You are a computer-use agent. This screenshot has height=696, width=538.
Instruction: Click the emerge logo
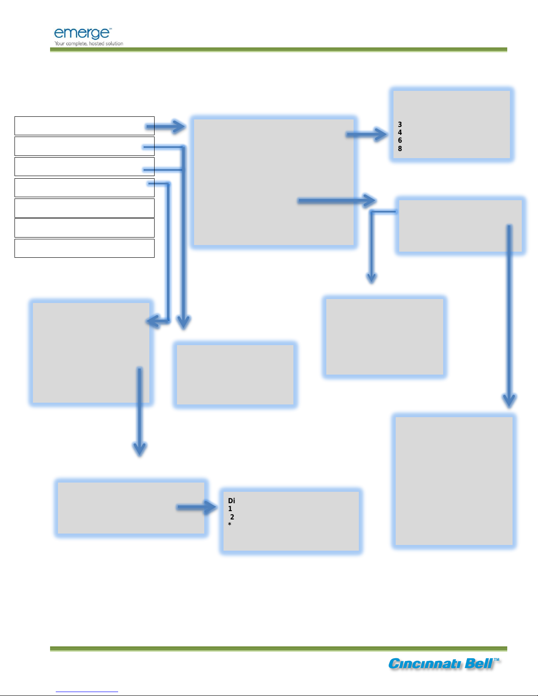[x=82, y=33]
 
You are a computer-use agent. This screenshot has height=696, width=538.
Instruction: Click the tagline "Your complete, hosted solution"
[x=89, y=43]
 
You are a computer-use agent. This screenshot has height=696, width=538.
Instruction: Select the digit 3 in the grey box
[x=400, y=125]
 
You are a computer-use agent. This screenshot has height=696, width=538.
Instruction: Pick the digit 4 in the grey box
[x=400, y=133]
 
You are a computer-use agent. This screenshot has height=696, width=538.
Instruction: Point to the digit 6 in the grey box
[x=400, y=141]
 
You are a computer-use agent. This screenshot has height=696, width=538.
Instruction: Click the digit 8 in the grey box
[x=400, y=149]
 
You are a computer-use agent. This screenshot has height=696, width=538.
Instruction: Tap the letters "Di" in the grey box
[x=231, y=501]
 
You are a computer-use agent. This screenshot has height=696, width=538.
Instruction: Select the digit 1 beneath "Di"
[x=230, y=509]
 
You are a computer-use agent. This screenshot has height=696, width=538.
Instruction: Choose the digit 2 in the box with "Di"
[x=232, y=517]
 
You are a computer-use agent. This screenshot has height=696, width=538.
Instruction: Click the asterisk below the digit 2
[x=229, y=525]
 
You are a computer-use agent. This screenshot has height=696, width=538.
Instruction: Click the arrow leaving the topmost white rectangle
[x=166, y=127]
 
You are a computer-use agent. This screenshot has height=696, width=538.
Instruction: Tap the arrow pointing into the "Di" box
[x=196, y=508]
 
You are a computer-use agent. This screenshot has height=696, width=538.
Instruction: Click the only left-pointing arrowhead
[x=152, y=322]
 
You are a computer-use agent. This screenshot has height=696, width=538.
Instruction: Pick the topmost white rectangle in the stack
[x=84, y=126]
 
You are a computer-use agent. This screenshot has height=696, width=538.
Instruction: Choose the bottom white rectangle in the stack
[x=84, y=248]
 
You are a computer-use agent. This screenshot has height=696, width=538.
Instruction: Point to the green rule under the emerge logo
[x=278, y=50]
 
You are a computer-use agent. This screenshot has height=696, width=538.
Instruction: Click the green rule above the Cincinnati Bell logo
[x=278, y=649]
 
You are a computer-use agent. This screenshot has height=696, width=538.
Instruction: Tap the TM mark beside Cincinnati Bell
[x=496, y=660]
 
